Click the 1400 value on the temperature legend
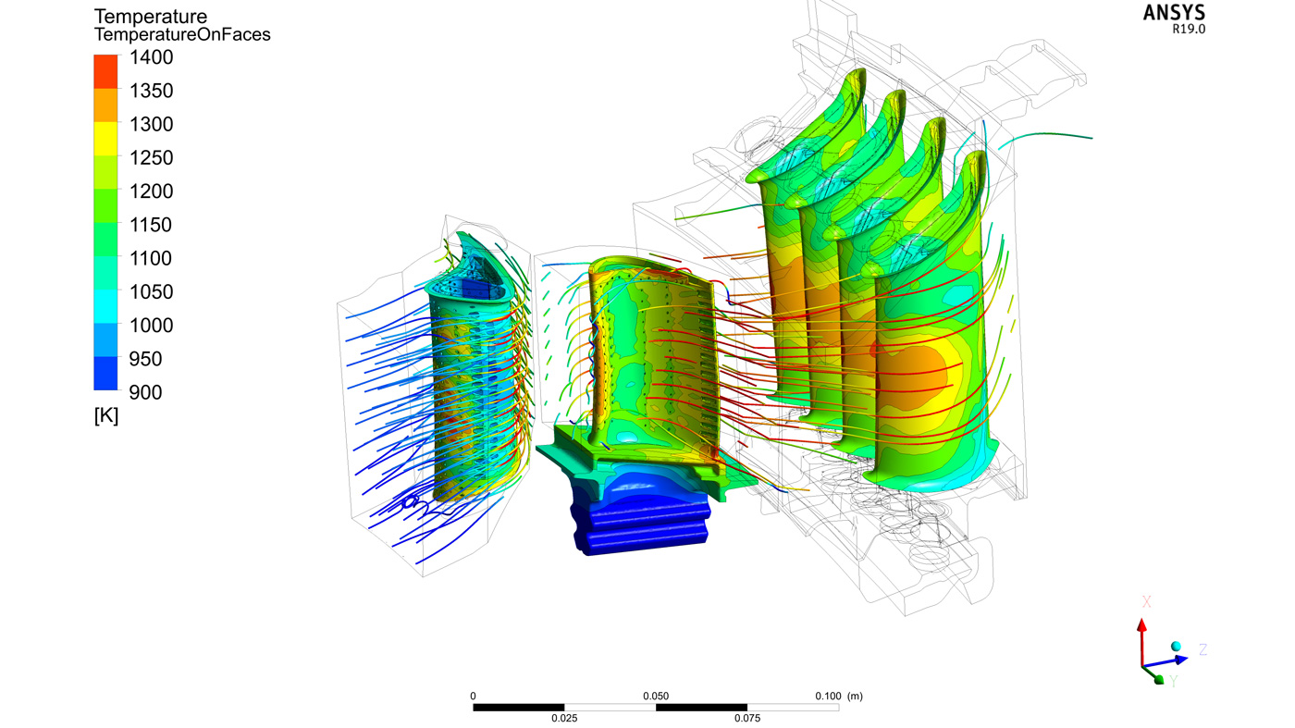pos(151,57)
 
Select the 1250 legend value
pos(151,158)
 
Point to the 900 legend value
pos(145,392)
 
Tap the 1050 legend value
pos(151,292)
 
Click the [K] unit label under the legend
pos(106,415)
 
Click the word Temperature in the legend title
pos(150,17)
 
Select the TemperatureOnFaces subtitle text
pos(182,35)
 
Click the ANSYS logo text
pos(1174,13)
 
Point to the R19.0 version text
pos(1189,30)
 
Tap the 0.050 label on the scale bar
pos(656,697)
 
